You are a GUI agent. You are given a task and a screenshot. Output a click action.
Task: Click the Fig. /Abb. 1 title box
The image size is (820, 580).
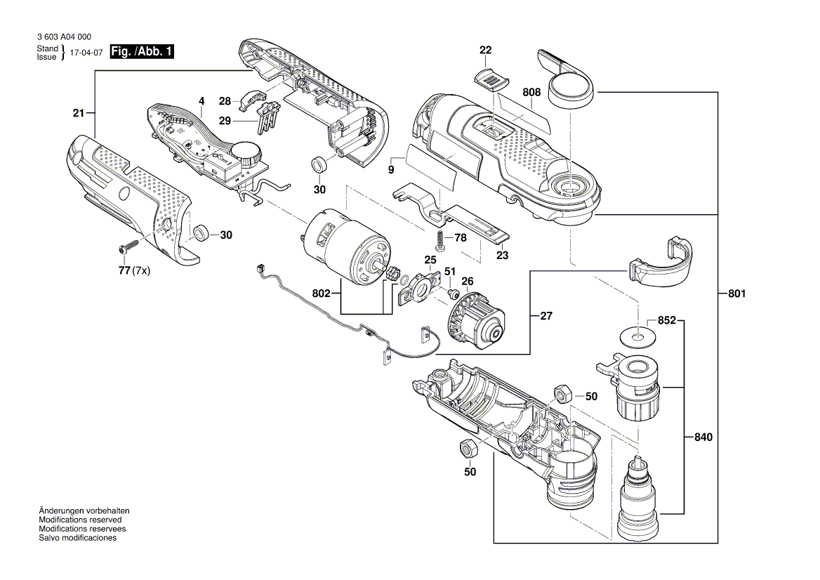143,52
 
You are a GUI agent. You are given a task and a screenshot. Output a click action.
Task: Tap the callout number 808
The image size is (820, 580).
531,92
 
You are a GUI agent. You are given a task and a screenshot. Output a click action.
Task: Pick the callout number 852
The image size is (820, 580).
666,321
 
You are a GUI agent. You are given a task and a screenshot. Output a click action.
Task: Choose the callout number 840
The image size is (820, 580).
703,437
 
